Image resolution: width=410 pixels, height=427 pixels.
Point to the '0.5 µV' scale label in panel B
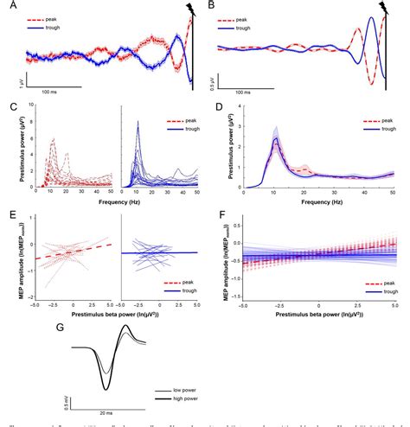click(x=214, y=81)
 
